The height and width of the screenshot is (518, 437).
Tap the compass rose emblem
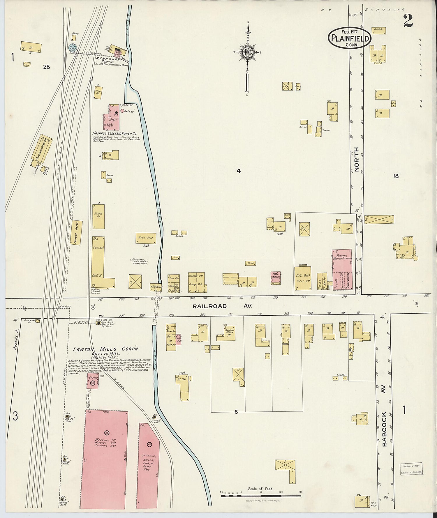pyautogui.click(x=247, y=52)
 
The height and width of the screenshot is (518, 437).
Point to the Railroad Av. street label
pyautogui.click(x=222, y=306)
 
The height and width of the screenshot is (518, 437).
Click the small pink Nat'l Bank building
pyautogui.click(x=276, y=278)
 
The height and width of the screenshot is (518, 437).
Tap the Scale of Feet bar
pyautogui.click(x=261, y=495)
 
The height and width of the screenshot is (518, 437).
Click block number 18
pyautogui.click(x=395, y=176)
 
